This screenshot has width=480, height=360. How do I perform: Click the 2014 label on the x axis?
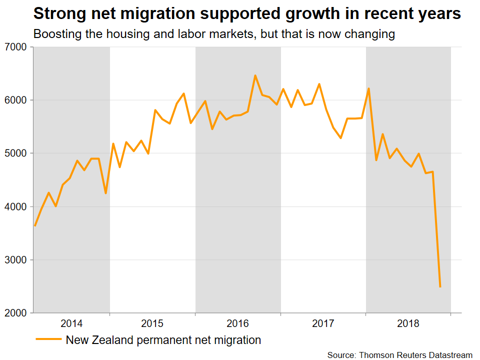pos(72,323)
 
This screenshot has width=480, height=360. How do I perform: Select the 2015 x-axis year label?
pos(152,323)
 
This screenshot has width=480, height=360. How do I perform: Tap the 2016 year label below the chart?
pos(238,323)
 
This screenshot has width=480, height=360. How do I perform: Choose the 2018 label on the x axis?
pos(408,323)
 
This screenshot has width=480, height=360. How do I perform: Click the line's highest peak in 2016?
pos(255,75)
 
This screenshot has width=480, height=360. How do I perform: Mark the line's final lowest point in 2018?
pos(440,286)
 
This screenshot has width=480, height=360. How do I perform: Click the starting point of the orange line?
pos(34,225)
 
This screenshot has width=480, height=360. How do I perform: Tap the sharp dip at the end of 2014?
pos(105,193)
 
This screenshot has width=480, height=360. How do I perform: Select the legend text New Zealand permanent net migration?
pos(163,340)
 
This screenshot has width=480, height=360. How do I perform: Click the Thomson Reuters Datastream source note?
pos(399,354)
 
